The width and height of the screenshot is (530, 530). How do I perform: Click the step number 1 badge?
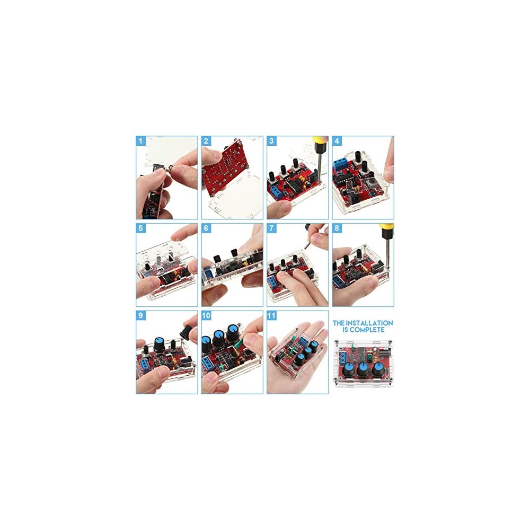click(140, 141)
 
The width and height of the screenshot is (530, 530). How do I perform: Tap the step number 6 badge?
click(206, 228)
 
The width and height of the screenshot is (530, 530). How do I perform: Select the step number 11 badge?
click(272, 316)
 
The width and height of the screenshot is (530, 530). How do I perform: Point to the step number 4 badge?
click(337, 141)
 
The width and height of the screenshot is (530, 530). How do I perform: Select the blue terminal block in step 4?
click(339, 165)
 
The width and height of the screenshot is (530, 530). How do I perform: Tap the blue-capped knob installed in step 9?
click(160, 344)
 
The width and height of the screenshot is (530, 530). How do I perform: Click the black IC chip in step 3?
click(293, 184)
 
